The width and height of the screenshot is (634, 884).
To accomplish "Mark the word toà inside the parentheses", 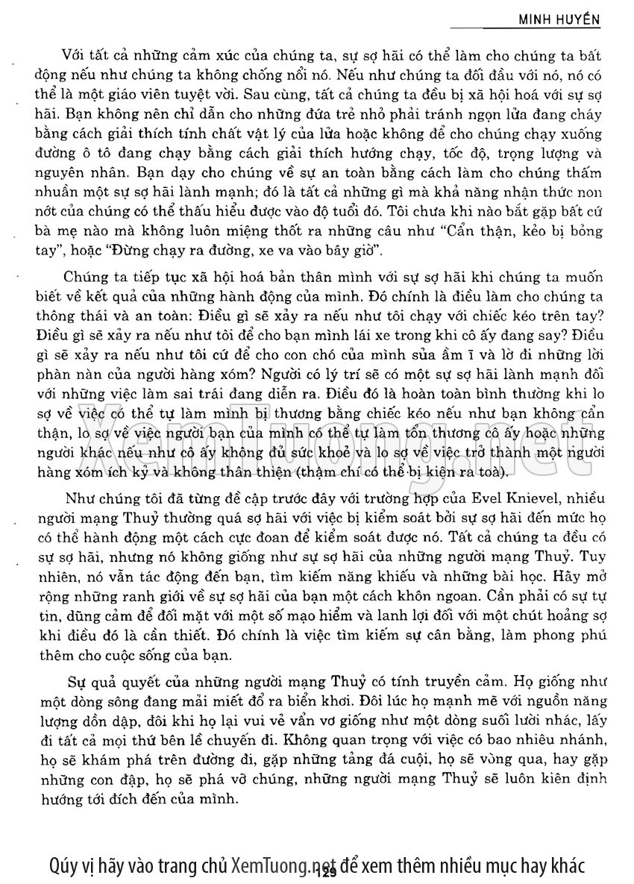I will tap(494, 471).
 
